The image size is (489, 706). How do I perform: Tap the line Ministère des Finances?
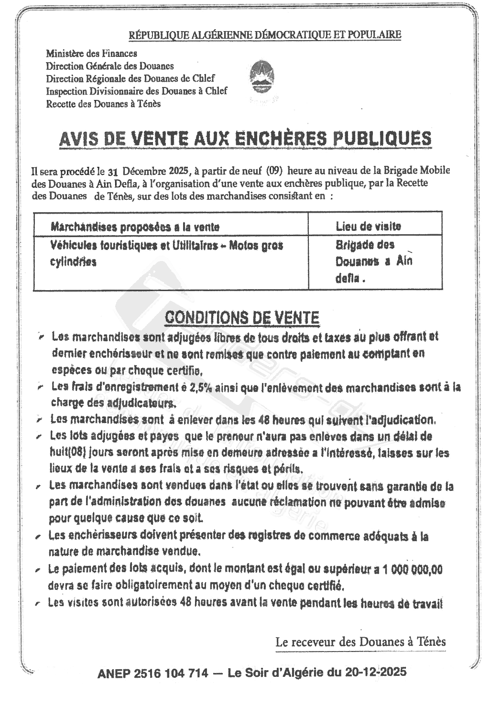pyautogui.click(x=91, y=54)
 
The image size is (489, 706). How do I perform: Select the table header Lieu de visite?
pyautogui.click(x=368, y=226)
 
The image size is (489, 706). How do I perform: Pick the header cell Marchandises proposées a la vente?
pyautogui.click(x=135, y=227)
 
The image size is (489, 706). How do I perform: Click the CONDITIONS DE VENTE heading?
pyautogui.click(x=242, y=317)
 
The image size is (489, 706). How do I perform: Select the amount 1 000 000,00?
pyautogui.click(x=413, y=569)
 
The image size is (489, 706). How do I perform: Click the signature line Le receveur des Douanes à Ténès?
pyautogui.click(x=360, y=641)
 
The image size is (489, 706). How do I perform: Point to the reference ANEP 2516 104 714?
pyautogui.click(x=152, y=673)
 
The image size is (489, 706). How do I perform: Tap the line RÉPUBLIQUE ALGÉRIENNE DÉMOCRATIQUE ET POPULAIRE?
pyautogui.click(x=265, y=34)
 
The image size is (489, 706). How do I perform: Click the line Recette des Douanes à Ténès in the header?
pyautogui.click(x=103, y=104)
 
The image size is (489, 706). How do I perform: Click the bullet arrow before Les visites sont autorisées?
pyautogui.click(x=38, y=604)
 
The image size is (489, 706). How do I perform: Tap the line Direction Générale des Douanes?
pyautogui.click(x=109, y=66)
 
